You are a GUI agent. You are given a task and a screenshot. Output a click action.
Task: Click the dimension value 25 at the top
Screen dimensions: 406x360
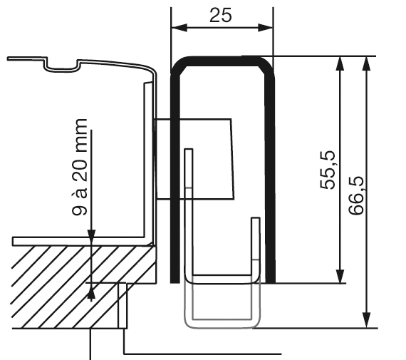click(x=221, y=15)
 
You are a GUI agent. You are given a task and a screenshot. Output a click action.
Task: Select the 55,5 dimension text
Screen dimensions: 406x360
click(x=327, y=170)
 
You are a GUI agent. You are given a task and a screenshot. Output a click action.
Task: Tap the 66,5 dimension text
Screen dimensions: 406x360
click(x=355, y=195)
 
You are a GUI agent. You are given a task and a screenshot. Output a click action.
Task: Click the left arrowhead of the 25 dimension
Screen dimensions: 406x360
click(x=179, y=28)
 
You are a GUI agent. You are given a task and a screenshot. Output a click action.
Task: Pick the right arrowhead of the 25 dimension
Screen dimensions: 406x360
click(x=266, y=28)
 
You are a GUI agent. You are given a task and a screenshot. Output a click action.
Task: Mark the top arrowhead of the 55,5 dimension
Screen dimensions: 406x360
click(x=340, y=63)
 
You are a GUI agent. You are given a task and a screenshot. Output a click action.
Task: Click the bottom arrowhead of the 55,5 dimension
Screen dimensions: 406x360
click(x=340, y=276)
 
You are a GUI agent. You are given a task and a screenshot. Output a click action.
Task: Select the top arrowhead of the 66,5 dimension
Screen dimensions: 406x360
click(x=366, y=63)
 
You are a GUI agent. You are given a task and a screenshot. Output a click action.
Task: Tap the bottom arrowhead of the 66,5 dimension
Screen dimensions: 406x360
click(x=366, y=321)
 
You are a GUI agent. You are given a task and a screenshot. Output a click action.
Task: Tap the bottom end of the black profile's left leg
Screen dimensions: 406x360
click(x=175, y=282)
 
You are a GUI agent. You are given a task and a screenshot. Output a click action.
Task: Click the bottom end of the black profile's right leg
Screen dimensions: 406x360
click(x=271, y=282)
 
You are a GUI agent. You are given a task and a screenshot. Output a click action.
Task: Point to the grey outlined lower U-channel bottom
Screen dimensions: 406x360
click(x=222, y=324)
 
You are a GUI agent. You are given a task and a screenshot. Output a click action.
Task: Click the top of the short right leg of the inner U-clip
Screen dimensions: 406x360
click(x=256, y=218)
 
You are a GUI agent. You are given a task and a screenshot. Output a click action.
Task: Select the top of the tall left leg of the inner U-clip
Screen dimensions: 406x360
click(x=189, y=150)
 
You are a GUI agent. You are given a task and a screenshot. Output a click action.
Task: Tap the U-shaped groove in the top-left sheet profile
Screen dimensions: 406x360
click(x=62, y=67)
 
